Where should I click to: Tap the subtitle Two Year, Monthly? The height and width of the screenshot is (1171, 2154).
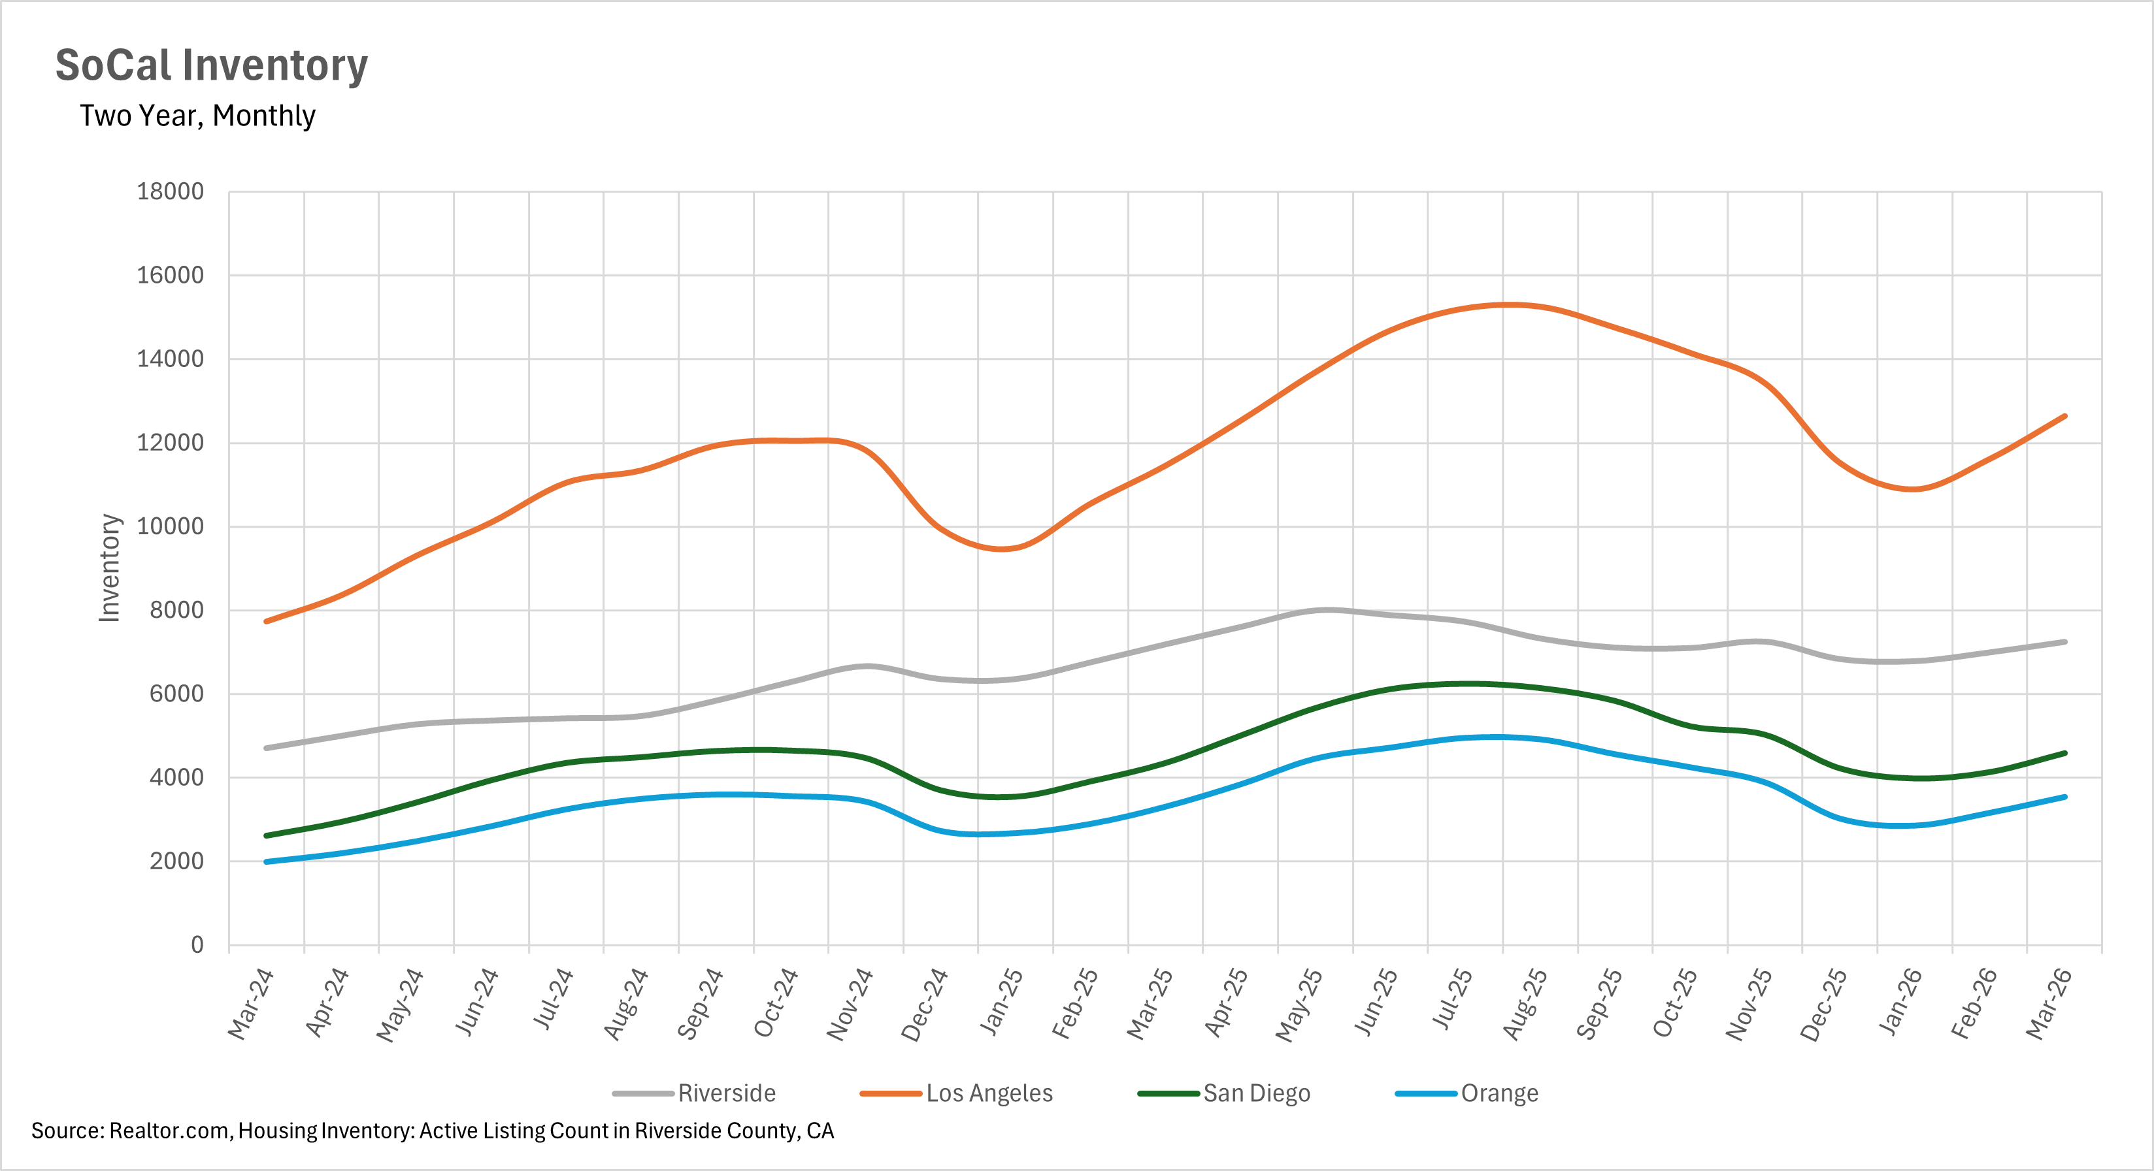(x=197, y=116)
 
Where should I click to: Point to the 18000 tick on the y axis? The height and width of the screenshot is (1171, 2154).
(x=170, y=191)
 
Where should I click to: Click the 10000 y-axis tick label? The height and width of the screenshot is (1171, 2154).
(x=170, y=526)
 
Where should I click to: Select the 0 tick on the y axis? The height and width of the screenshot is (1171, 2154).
(x=197, y=944)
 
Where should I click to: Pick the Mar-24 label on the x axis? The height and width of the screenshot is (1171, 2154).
(x=250, y=1003)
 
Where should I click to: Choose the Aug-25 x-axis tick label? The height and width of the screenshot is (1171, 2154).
(x=1525, y=1003)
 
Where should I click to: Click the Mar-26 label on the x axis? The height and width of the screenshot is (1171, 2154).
(x=2049, y=1003)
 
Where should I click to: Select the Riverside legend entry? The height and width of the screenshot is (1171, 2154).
(x=726, y=1093)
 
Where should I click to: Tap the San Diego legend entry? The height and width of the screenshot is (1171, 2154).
(x=1256, y=1093)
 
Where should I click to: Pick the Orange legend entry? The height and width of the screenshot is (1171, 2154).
(x=1499, y=1093)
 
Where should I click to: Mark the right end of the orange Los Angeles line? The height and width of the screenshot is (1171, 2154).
(x=2064, y=416)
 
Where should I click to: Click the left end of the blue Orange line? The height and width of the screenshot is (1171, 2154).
(x=267, y=861)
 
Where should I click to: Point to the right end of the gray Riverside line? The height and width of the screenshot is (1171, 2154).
(x=2064, y=642)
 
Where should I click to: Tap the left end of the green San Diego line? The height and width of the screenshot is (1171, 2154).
(x=267, y=835)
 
